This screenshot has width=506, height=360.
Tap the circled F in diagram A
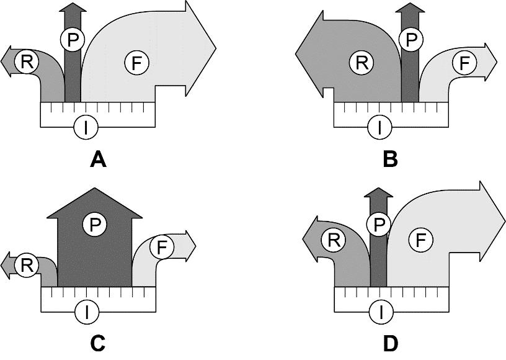pos(136,63)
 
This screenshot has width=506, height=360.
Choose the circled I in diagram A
pos(86,128)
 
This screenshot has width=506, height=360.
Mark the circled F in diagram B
pos(463,63)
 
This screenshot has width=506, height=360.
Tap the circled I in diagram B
pos(379,128)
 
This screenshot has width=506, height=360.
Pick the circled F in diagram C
pos(162,248)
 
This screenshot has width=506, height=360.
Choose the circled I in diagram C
pos(86,311)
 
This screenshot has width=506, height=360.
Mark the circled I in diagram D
pos(379,311)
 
